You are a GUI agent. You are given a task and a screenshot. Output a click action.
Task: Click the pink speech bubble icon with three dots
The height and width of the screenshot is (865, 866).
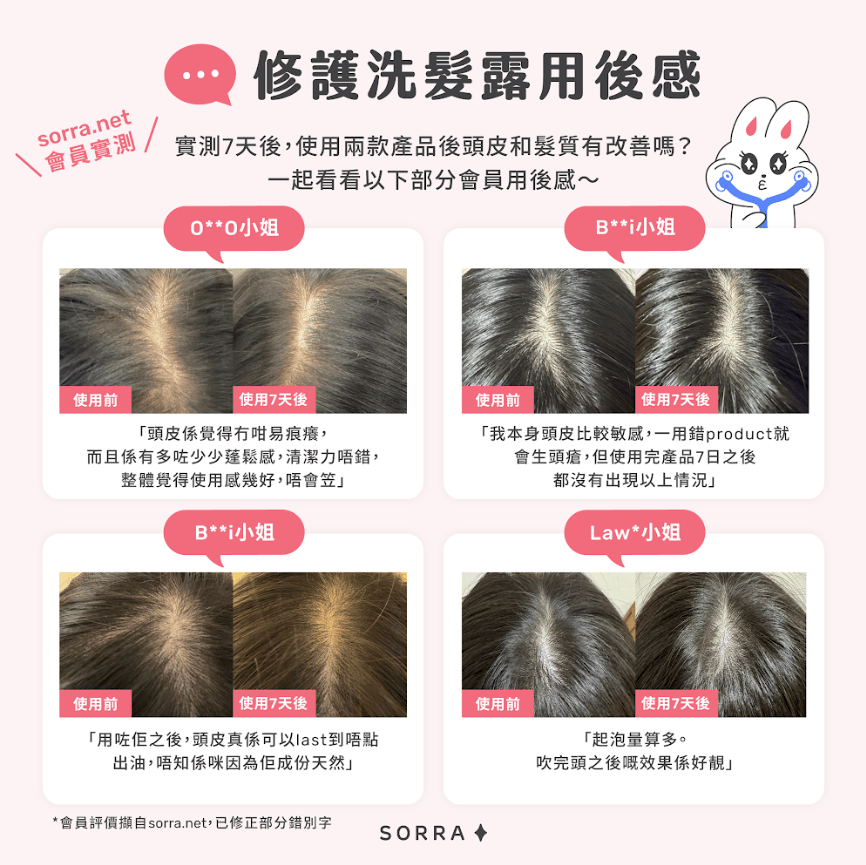pyautogui.click(x=200, y=74)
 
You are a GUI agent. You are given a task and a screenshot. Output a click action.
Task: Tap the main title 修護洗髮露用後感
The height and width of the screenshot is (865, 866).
pyautogui.click(x=478, y=75)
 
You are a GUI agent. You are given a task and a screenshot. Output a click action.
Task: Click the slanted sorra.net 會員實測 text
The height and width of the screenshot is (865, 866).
pyautogui.click(x=87, y=143)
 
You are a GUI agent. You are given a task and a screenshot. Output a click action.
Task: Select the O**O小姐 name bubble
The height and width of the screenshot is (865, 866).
pyautogui.click(x=234, y=228)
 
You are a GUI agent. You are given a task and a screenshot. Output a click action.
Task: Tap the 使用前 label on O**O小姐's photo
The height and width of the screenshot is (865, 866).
pyautogui.click(x=95, y=400)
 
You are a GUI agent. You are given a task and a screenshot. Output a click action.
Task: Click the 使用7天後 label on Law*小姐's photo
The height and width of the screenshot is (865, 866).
pyautogui.click(x=676, y=703)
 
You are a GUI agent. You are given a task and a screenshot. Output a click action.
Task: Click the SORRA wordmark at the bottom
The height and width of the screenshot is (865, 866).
pyautogui.click(x=423, y=833)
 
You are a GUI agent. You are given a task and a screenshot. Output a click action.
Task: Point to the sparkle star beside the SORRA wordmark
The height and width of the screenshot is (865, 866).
pyautogui.click(x=481, y=832)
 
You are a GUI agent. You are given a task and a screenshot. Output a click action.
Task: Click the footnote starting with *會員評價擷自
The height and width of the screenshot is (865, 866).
pyautogui.click(x=192, y=822)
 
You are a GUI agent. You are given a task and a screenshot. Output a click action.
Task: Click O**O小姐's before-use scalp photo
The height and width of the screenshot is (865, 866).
pyautogui.click(x=146, y=341)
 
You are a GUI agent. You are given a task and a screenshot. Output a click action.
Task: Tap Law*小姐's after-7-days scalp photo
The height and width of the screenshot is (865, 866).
pyautogui.click(x=721, y=645)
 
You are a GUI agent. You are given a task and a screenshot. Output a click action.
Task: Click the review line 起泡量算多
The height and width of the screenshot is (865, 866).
pyautogui.click(x=635, y=739)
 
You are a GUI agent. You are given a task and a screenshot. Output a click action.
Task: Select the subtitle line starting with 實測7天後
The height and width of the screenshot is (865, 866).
pyautogui.click(x=434, y=146)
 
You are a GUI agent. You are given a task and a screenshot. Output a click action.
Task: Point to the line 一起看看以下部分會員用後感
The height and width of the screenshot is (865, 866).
pyautogui.click(x=434, y=180)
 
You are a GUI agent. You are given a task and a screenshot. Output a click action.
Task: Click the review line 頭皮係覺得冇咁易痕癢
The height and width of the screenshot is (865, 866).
pyautogui.click(x=233, y=434)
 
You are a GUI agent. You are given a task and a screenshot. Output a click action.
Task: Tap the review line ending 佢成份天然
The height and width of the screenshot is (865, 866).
pyautogui.click(x=233, y=763)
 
